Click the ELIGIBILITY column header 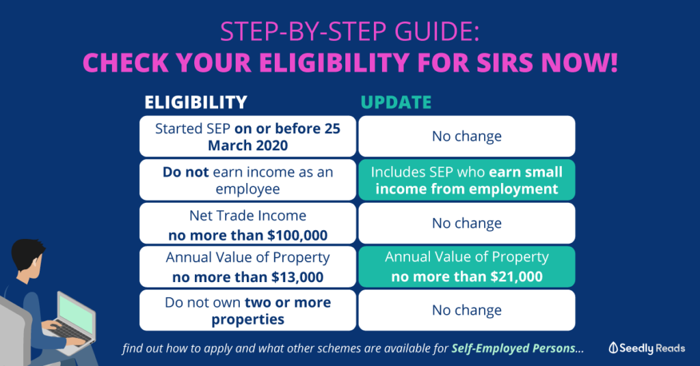pyautogui.click(x=196, y=102)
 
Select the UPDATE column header pyautogui.click(x=396, y=102)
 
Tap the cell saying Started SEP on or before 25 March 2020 pyautogui.click(x=247, y=137)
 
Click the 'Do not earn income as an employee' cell pyautogui.click(x=247, y=180)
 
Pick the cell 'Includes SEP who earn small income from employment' pyautogui.click(x=466, y=180)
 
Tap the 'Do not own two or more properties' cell pyautogui.click(x=247, y=310)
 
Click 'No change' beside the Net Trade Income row pyautogui.click(x=466, y=223)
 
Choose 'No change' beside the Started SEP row pyautogui.click(x=466, y=136)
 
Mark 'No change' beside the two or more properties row pyautogui.click(x=466, y=310)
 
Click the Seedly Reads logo pyautogui.click(x=647, y=348)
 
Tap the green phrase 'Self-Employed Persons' pyautogui.click(x=513, y=348)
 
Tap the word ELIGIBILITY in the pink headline pyautogui.click(x=334, y=62)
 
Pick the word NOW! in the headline pyautogui.click(x=580, y=62)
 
